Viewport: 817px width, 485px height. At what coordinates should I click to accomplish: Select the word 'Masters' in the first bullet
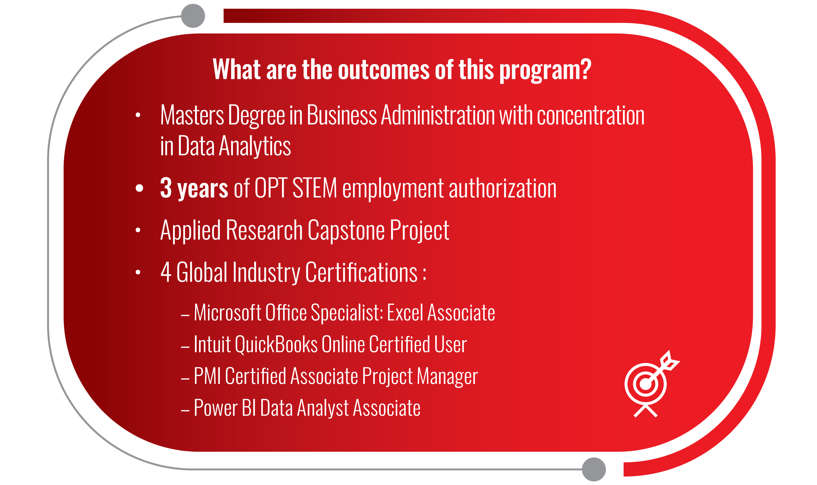point(192,115)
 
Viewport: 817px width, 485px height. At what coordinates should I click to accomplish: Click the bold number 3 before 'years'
point(166,188)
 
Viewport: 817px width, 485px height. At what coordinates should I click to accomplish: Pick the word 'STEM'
point(315,188)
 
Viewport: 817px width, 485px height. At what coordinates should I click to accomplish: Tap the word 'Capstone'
point(346,231)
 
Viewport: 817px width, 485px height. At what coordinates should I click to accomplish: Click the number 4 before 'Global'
point(166,272)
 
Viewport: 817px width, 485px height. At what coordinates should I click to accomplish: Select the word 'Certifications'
point(361,272)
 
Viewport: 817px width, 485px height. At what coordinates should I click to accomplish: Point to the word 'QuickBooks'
point(276,345)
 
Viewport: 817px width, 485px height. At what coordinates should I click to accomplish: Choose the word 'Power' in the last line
point(216,408)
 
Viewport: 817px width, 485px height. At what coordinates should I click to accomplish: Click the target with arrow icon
point(650,384)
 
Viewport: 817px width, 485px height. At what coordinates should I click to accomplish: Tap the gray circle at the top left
point(193,16)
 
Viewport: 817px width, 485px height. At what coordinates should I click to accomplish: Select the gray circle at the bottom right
point(594,469)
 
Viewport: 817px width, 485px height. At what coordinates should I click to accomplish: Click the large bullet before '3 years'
point(140,188)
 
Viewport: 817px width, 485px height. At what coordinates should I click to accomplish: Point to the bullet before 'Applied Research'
point(138,230)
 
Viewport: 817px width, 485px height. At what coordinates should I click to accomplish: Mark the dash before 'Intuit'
point(185,348)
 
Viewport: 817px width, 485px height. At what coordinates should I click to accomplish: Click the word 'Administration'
point(438,115)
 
